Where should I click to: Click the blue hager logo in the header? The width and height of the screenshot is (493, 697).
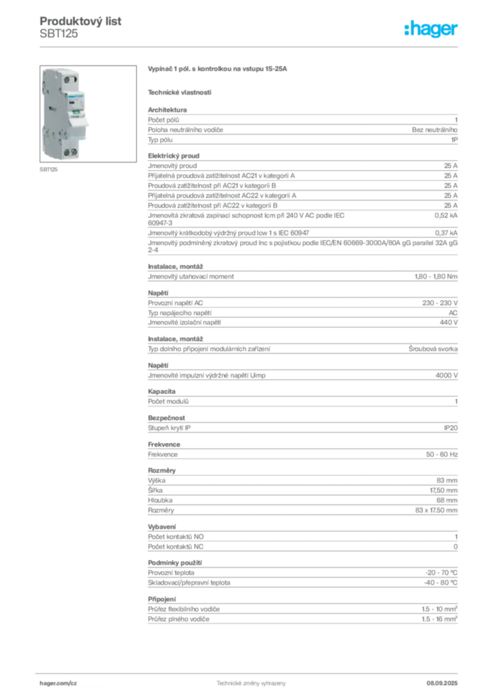[x=432, y=30]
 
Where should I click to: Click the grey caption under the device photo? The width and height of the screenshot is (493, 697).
[x=48, y=170]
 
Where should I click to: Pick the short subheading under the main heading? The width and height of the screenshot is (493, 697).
[x=180, y=91]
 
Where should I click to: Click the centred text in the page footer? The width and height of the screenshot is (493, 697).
[x=246, y=681]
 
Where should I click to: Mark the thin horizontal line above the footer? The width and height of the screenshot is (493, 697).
[x=251, y=670]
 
